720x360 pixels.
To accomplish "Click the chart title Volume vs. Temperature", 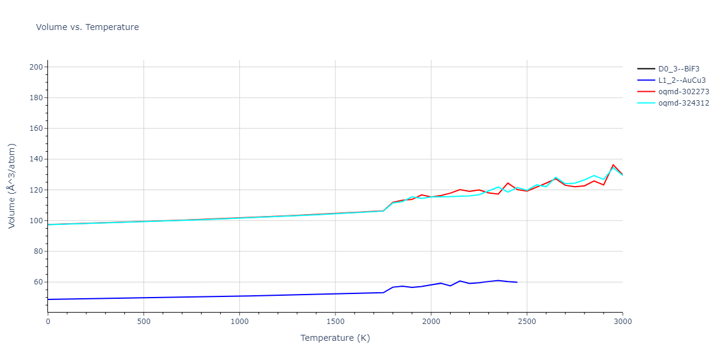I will tap(87, 27).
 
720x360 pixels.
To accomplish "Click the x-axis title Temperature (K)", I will tap(335, 338).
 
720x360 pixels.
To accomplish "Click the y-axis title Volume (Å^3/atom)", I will tap(12, 185).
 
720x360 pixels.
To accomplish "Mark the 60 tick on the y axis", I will tap(38, 282).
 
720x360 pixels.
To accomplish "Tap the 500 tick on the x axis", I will tap(143, 322).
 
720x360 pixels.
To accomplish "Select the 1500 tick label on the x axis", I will tap(335, 322).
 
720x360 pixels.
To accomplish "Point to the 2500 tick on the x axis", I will tap(527, 322).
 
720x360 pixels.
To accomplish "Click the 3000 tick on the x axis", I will tap(622, 322).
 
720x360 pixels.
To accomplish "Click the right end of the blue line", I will tap(517, 282).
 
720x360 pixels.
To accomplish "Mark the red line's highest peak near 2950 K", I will tap(613, 164).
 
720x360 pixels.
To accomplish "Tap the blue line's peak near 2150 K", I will tap(460, 281).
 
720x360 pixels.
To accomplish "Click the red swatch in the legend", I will tap(646, 91).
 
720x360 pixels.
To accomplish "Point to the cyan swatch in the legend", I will tap(646, 103).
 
